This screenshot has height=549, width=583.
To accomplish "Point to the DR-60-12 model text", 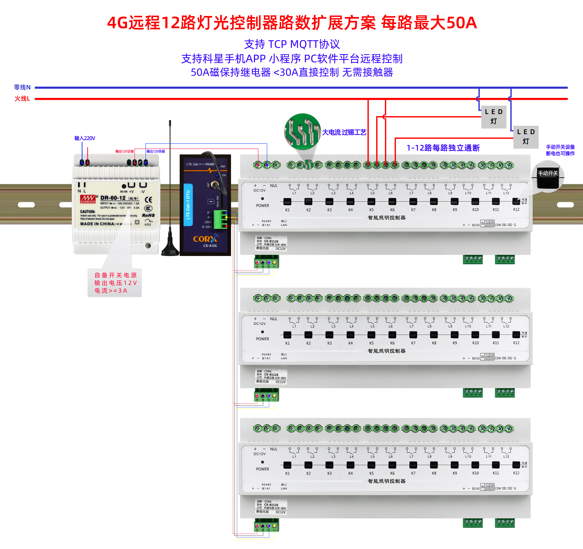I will click(x=113, y=198).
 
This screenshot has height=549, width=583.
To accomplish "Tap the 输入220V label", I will click(x=85, y=138).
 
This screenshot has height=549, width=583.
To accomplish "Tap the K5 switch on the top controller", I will click(x=371, y=201).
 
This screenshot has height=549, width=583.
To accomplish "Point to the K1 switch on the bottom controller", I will click(x=287, y=465).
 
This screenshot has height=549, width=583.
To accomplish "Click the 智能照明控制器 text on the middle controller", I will click(x=387, y=351).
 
